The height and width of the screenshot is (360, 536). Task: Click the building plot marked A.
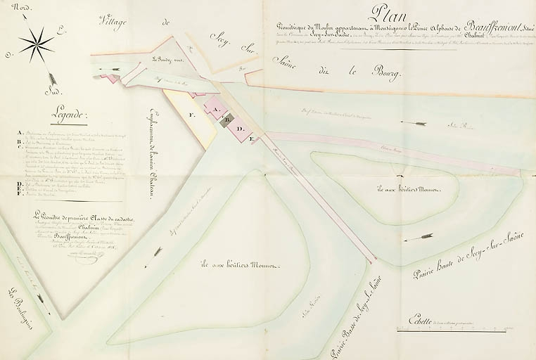click(x=215, y=110)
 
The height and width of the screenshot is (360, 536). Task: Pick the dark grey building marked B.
click(x=226, y=120)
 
